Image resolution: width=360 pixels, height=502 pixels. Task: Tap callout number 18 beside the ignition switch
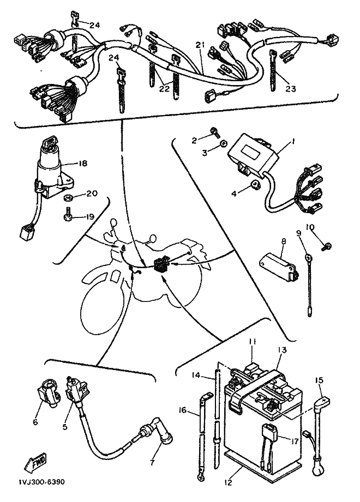point(82,164)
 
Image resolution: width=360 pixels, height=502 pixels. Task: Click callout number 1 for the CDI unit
point(293,141)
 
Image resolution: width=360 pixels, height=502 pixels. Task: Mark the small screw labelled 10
point(327,246)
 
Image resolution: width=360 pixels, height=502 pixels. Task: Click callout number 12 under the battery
point(229,482)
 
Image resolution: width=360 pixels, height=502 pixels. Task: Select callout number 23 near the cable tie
point(291,88)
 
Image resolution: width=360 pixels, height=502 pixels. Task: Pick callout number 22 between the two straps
point(164,88)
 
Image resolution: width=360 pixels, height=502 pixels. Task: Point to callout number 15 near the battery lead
point(319,380)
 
